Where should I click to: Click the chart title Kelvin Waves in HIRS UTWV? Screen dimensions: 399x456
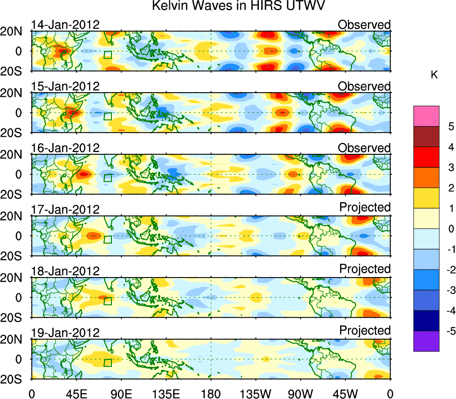[x=238, y=6]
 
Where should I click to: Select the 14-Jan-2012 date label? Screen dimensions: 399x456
[x=65, y=25]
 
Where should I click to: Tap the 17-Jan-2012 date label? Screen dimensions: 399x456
[x=65, y=210]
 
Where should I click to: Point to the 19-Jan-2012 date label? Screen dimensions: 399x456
[x=65, y=333]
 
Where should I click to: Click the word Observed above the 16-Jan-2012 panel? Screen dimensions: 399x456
[x=364, y=148]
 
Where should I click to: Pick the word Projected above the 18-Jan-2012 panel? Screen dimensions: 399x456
[x=365, y=269]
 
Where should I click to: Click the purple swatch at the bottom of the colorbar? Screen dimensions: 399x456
[x=426, y=341]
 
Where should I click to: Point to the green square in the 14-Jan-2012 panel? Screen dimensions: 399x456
[x=107, y=55]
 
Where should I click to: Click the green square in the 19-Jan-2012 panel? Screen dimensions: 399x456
[x=107, y=363]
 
